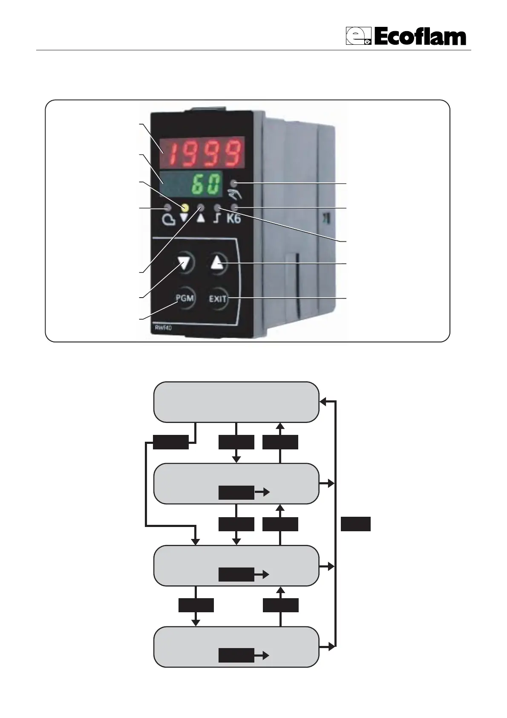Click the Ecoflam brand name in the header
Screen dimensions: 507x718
[421, 37]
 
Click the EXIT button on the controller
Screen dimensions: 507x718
[218, 299]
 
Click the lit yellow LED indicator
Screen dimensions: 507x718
[184, 208]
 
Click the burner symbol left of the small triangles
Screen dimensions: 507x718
[168, 219]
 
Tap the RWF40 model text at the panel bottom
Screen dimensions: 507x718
[161, 328]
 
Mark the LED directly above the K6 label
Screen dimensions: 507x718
[233, 208]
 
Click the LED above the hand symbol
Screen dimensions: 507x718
[233, 184]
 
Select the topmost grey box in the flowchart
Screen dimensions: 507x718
[236, 402]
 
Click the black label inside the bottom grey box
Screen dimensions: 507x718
[236, 655]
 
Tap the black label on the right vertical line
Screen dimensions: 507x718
[355, 524]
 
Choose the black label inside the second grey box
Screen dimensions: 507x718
[236, 492]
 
